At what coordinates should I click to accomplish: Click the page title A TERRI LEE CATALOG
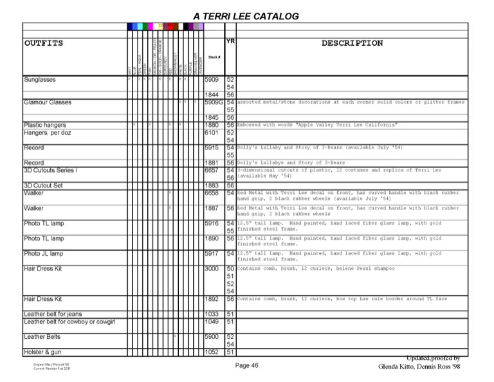246,15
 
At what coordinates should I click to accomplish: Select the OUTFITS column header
44,43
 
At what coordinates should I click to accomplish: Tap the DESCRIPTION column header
352,43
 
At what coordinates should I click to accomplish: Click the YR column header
230,41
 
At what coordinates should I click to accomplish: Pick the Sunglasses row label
40,80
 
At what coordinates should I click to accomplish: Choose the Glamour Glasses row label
48,102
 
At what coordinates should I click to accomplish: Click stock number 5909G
214,102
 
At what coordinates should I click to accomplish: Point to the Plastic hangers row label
44,125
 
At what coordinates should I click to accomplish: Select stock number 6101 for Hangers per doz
212,133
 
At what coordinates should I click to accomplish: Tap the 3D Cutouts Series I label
51,170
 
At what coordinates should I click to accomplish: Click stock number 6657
212,170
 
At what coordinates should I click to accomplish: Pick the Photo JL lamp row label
44,254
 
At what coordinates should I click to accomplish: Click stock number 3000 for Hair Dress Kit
212,268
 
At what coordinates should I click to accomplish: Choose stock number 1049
212,321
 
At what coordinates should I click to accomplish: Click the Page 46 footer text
246,365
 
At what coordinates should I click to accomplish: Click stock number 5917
212,254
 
